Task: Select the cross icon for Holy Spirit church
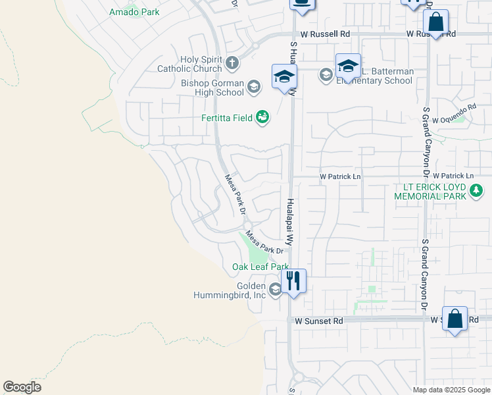click(232, 63)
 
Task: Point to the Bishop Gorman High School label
click(212, 88)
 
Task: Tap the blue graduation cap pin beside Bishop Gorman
click(284, 76)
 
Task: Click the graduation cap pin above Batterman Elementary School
click(348, 66)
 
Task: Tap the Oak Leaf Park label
click(260, 267)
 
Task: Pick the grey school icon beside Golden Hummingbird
click(275, 290)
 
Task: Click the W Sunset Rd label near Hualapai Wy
click(319, 321)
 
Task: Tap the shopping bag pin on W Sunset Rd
click(455, 319)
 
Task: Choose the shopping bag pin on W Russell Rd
click(435, 22)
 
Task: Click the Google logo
click(22, 387)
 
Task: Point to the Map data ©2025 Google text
click(451, 390)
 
